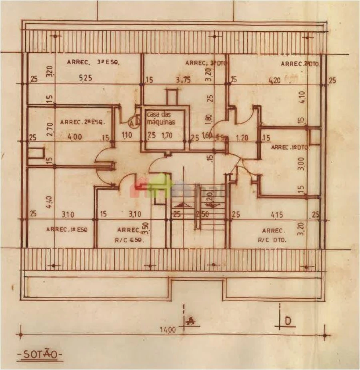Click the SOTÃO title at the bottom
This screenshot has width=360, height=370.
pos(40,354)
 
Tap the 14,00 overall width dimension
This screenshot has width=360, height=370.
pos(168,330)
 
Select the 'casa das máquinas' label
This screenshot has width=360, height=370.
pos(160,117)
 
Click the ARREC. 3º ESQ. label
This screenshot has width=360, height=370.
pos(94,62)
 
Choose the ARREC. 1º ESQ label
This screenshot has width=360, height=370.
pos(67,230)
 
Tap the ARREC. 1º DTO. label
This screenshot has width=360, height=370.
pos(290,147)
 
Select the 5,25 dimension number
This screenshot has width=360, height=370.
pos(86,78)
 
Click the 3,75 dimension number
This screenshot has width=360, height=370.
pos(183,79)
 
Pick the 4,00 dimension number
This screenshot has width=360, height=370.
pos(75,137)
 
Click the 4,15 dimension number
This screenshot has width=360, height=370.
pos(277,215)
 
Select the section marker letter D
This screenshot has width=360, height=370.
pos(287,320)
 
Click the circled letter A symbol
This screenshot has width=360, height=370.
pos(134,122)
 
